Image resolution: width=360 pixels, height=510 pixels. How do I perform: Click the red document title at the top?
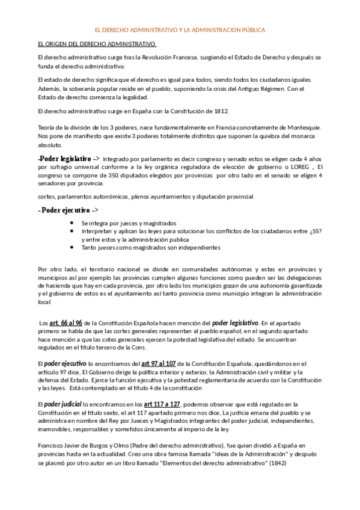point(180,29)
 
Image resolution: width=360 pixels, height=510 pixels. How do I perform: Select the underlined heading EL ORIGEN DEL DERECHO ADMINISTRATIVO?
point(97,45)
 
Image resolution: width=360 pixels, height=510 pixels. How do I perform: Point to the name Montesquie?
point(301,127)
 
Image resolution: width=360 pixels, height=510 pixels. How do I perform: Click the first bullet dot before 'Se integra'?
point(72,223)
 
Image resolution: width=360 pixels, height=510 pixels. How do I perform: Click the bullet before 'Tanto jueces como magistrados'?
point(72,247)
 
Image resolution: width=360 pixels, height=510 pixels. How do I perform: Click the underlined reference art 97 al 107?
point(166,363)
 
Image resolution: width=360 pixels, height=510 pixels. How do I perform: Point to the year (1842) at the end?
point(311,465)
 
